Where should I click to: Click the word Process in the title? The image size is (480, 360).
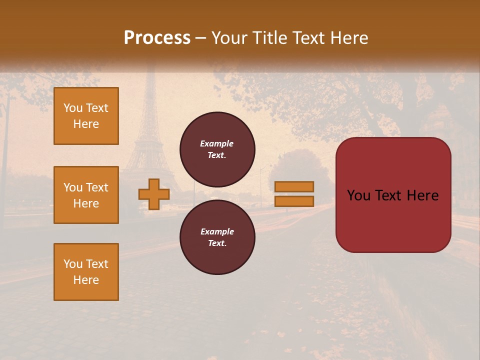click(x=157, y=37)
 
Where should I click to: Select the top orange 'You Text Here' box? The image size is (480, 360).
click(x=86, y=116)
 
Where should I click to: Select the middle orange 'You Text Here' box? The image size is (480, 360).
click(x=86, y=195)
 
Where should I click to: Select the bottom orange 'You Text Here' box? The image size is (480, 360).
click(x=86, y=272)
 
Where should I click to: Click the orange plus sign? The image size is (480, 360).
click(x=154, y=194)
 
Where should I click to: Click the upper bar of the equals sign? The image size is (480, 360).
click(x=294, y=186)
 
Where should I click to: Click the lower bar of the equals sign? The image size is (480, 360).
click(x=294, y=201)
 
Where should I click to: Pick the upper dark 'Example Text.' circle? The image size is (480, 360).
click(x=217, y=149)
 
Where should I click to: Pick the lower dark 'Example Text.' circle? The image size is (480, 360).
click(x=217, y=237)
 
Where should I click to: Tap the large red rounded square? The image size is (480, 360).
click(x=393, y=195)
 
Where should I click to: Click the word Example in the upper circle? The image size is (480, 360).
click(x=217, y=143)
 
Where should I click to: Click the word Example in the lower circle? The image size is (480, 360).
click(x=217, y=231)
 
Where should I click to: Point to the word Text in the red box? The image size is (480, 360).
click(x=395, y=195)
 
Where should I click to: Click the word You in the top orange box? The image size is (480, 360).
click(x=73, y=108)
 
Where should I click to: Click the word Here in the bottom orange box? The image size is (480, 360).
click(x=86, y=280)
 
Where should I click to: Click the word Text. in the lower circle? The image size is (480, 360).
click(x=217, y=243)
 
